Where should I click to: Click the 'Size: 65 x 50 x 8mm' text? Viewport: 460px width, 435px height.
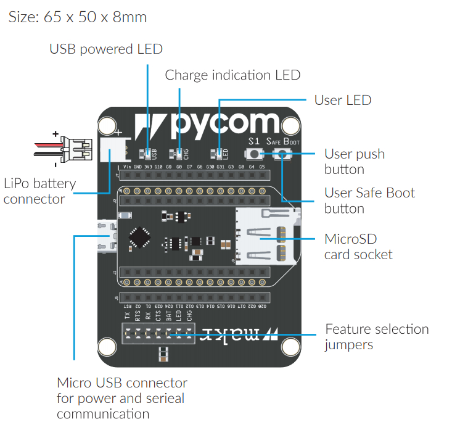(x=78, y=17)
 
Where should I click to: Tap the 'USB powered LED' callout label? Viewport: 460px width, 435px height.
(x=106, y=49)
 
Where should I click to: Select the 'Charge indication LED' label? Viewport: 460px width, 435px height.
(x=232, y=75)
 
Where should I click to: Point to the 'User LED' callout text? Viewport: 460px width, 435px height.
(x=342, y=100)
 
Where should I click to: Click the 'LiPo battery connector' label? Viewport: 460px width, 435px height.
(x=39, y=191)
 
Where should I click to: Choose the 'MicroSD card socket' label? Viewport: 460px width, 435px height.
(x=358, y=246)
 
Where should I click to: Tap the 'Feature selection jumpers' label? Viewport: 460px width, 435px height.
(x=377, y=336)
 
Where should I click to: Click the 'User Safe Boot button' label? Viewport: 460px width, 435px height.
(x=369, y=200)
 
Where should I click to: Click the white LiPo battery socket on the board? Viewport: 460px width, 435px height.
(x=112, y=148)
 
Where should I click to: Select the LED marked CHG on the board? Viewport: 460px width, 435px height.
(x=179, y=154)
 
